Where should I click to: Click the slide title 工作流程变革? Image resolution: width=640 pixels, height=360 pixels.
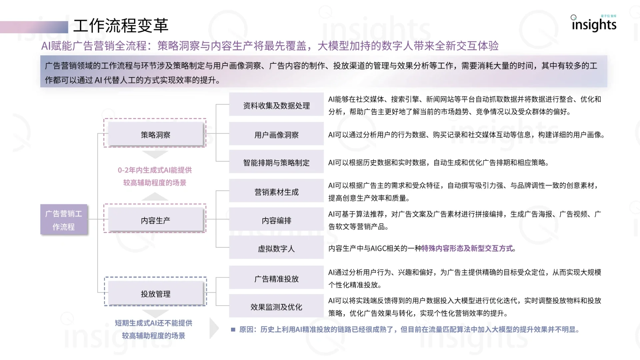[121, 26]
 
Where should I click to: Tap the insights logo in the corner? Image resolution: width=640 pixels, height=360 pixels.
[594, 24]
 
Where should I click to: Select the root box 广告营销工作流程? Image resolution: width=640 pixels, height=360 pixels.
[64, 220]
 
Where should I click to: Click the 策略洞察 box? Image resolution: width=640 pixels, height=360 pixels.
[155, 135]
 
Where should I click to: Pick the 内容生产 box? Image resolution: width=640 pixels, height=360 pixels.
[155, 220]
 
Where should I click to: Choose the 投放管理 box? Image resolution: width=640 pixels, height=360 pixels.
[155, 294]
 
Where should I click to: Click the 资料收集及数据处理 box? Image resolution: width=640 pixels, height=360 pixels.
[276, 105]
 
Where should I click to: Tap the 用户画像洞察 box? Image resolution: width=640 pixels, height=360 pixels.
[276, 135]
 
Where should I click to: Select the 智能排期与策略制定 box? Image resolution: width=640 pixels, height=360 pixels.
[276, 162]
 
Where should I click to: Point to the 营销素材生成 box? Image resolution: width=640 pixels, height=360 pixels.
[276, 192]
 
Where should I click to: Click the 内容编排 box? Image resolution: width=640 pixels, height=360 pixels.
[276, 220]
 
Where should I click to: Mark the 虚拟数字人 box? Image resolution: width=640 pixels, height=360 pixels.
[276, 248]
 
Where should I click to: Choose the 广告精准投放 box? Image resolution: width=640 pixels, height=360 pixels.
[276, 279]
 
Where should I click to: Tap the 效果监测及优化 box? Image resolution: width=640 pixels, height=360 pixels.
[276, 307]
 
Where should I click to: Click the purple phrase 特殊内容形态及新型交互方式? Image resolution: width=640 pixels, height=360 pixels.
[467, 248]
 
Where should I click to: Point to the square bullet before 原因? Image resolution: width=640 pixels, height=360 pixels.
[233, 330]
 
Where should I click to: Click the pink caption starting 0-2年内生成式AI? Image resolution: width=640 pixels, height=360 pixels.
[155, 176]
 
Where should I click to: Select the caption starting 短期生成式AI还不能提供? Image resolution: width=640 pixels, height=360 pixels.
[154, 329]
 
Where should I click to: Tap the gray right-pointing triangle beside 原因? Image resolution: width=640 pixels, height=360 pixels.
[214, 328]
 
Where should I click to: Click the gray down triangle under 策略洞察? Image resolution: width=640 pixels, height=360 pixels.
[155, 154]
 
